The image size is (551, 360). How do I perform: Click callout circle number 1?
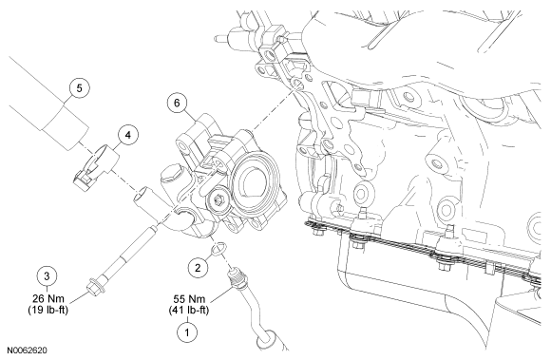point(187,332)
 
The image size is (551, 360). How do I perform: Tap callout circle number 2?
point(198,268)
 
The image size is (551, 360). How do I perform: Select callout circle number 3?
point(47,275)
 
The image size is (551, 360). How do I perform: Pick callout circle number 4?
point(128,135)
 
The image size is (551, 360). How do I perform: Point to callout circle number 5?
point(80,87)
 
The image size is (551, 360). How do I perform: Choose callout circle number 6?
point(177,103)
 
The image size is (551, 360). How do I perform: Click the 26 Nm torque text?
point(48,299)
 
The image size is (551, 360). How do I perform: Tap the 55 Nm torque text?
point(189,299)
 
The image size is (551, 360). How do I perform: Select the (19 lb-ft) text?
point(48,310)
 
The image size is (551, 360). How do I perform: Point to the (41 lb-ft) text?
point(189,311)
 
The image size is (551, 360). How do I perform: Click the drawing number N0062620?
point(28,351)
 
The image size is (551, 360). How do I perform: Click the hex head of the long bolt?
point(94,287)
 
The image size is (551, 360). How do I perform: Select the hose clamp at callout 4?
point(96,163)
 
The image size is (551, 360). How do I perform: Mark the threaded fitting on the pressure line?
point(236,277)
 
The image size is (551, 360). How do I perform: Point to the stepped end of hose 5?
point(65,128)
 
